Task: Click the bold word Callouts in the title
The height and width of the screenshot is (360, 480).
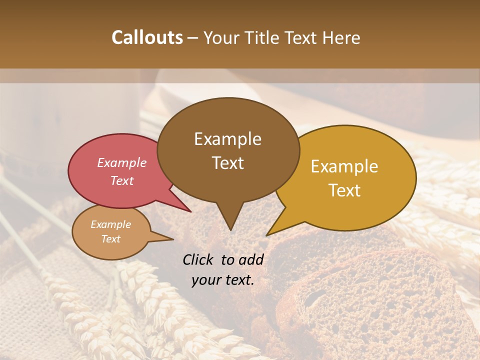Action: (x=147, y=37)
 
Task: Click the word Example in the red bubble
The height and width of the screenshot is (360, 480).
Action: (x=122, y=162)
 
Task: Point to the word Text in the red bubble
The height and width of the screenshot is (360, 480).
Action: (x=122, y=180)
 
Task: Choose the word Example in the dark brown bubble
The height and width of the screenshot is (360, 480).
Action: (x=227, y=139)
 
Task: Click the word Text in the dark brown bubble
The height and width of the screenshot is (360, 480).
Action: (x=227, y=163)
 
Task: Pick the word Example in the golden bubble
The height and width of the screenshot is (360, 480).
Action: (x=344, y=166)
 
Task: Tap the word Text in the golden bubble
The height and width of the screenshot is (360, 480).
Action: (x=344, y=190)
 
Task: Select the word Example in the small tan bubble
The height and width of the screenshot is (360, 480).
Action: (x=111, y=224)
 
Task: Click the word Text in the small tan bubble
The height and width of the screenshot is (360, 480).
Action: (x=111, y=239)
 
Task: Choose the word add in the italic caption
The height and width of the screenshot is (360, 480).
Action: (x=251, y=259)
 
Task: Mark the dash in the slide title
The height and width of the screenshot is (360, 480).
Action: (x=193, y=38)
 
